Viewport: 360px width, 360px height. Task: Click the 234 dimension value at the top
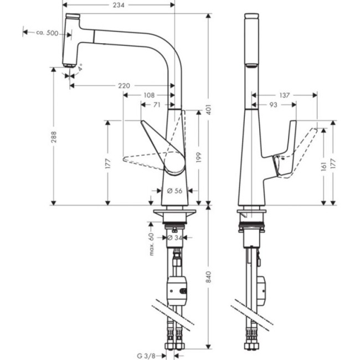[119, 5]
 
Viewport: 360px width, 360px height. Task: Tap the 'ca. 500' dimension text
[48, 33]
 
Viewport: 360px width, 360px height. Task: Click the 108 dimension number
[148, 95]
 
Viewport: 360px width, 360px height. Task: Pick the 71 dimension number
[157, 104]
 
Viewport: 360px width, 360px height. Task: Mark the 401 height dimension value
[209, 110]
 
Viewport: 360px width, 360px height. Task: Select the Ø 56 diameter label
[174, 191]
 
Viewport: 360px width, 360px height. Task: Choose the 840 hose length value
[209, 280]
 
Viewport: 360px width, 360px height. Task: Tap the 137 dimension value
[285, 95]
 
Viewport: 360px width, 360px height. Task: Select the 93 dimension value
[272, 104]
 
